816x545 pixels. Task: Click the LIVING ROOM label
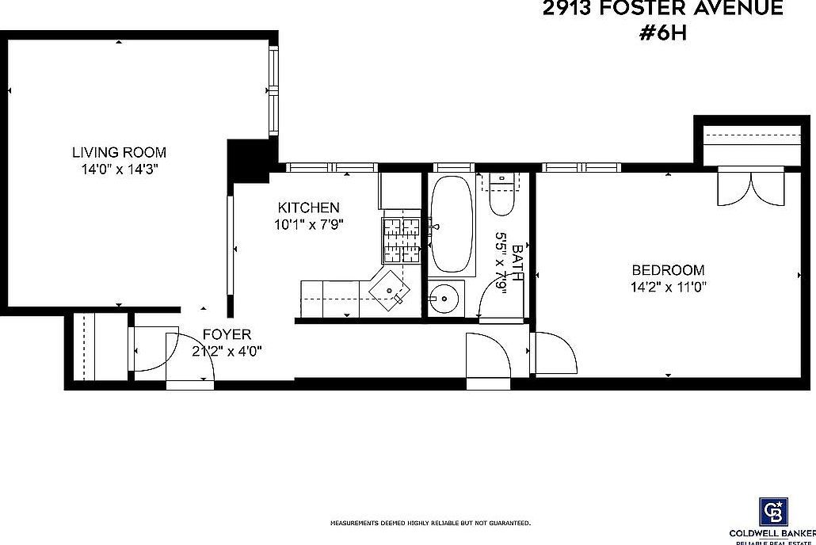click(119, 152)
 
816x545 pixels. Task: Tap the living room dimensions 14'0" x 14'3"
click(119, 169)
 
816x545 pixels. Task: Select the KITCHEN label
click(308, 208)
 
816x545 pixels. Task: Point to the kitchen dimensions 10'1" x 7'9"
click(308, 224)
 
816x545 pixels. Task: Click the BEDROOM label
click(667, 270)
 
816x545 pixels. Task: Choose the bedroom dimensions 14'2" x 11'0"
click(668, 287)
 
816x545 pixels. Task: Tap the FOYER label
click(227, 334)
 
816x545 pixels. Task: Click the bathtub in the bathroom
click(452, 224)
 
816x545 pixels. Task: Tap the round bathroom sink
click(445, 299)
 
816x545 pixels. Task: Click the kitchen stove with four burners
click(401, 241)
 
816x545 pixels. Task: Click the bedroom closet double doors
click(749, 187)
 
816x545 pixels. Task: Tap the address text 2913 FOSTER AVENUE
click(662, 9)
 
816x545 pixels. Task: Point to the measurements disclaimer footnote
click(430, 524)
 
